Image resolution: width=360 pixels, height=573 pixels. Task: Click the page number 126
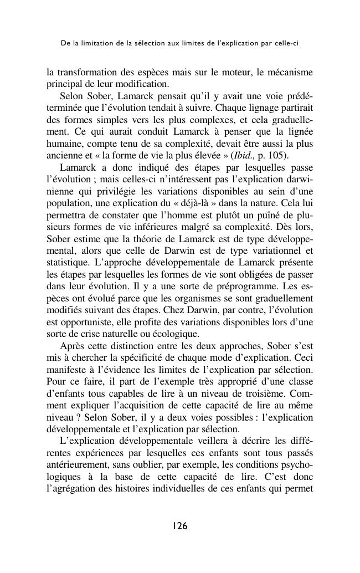coord(180,526)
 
